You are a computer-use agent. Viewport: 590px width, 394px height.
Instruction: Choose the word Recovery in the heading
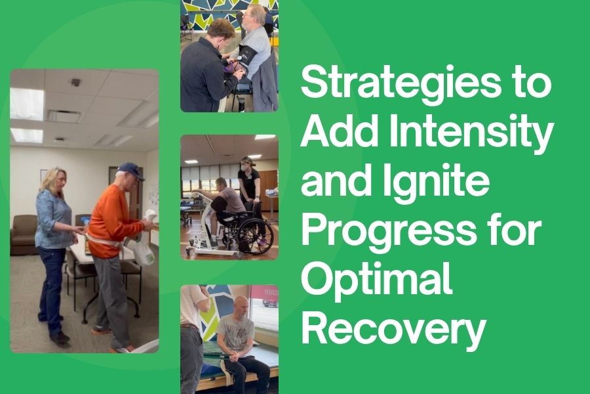(393, 327)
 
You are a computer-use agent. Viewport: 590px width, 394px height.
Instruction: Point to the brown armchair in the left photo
(24, 234)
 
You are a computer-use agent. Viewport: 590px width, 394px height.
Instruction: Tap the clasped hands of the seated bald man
(237, 355)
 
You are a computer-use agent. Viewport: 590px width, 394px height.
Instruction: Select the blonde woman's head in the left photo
(55, 180)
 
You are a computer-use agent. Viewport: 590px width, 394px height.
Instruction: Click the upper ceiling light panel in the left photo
(27, 104)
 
